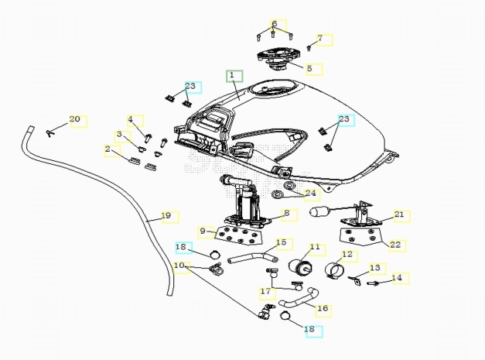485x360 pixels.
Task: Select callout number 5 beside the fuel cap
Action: (309, 68)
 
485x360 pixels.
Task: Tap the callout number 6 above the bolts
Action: (274, 24)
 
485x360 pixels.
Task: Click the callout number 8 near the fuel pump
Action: (285, 214)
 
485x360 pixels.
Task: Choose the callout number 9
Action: (203, 231)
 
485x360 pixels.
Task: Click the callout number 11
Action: (315, 248)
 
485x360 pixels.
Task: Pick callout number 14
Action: (397, 277)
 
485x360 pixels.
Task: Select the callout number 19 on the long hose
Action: (166, 216)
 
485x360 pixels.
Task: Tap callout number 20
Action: (75, 119)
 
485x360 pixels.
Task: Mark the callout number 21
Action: (399, 215)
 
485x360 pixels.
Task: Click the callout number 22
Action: (396, 245)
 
